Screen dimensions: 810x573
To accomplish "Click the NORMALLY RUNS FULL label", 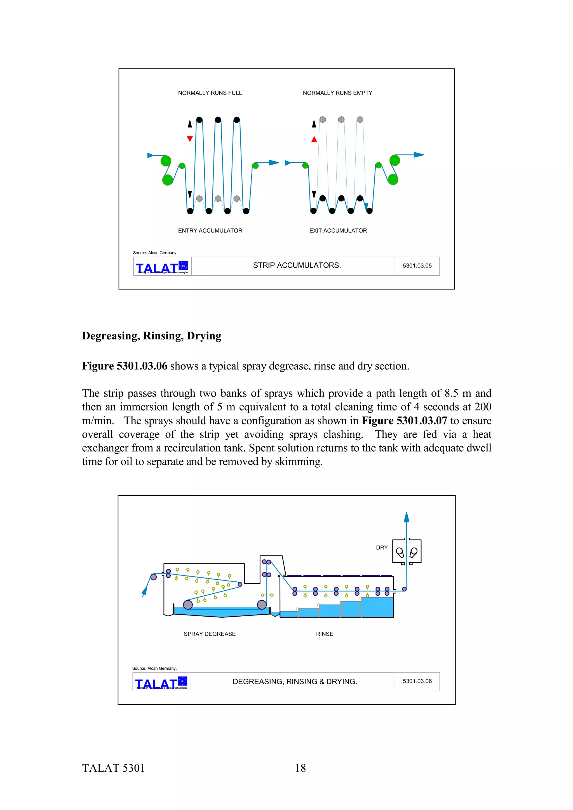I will click(x=210, y=93).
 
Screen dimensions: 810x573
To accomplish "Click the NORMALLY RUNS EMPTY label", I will click(x=337, y=93).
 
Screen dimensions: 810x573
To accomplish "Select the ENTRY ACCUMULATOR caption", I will click(x=210, y=230).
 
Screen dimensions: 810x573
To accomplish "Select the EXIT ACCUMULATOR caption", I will click(x=338, y=230).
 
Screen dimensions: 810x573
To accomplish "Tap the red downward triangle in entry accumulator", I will click(x=190, y=139).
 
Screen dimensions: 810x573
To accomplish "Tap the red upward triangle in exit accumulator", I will click(x=314, y=139).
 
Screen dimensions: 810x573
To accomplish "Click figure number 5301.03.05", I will click(x=417, y=266).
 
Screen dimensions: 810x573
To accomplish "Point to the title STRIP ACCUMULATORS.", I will click(x=297, y=265).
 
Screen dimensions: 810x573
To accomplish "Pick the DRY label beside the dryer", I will click(x=382, y=548).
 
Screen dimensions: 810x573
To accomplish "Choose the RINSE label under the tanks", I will click(x=324, y=634).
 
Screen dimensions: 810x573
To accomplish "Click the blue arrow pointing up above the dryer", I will click(x=406, y=517).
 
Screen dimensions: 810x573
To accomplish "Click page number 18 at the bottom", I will click(x=300, y=768).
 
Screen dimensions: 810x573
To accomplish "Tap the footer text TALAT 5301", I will click(x=113, y=768).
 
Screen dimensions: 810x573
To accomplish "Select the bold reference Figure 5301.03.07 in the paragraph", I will click(x=404, y=421).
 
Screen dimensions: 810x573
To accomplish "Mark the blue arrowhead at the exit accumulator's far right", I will click(x=419, y=155).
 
